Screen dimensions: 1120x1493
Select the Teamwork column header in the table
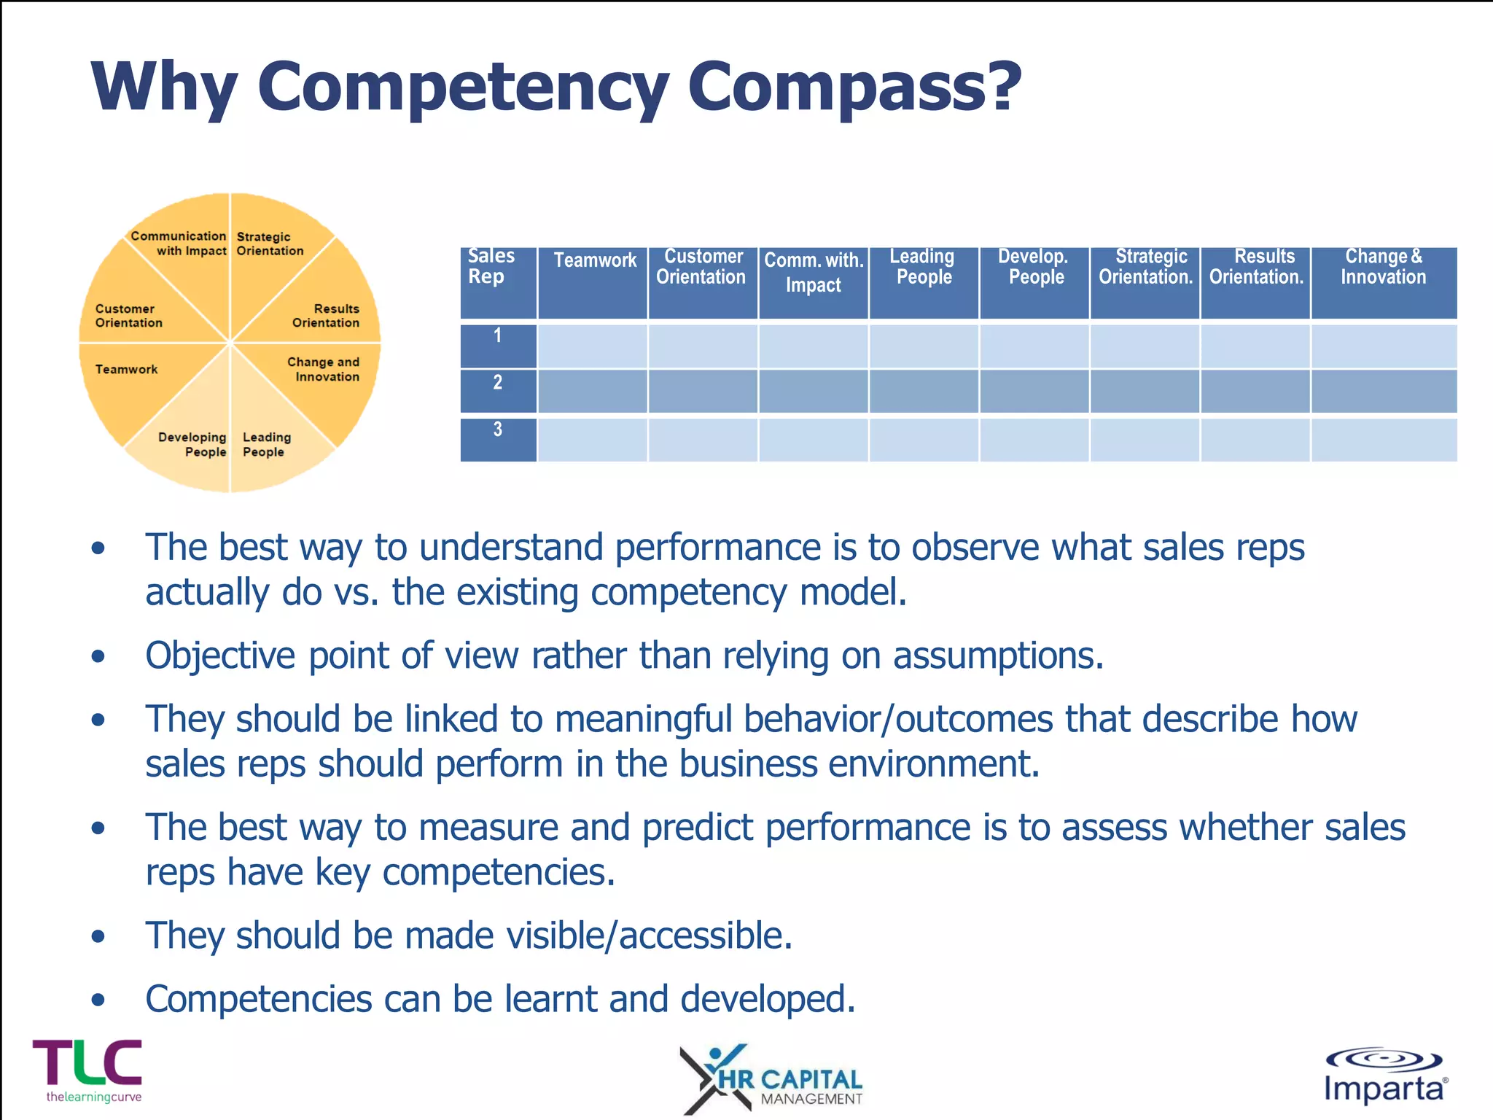(594, 260)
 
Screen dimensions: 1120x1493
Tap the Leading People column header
(923, 267)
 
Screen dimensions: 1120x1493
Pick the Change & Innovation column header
(1383, 267)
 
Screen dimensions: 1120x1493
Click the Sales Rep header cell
(491, 267)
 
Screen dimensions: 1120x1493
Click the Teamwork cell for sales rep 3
(592, 440)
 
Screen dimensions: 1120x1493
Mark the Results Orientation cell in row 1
(1255, 346)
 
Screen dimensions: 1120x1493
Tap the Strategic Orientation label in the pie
(269, 244)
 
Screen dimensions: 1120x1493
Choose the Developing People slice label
(192, 444)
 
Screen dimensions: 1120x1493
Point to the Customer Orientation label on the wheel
(128, 316)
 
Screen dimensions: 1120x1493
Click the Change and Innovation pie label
(324, 369)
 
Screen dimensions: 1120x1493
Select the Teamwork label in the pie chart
(126, 369)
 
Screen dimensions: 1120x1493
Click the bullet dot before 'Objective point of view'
(98, 656)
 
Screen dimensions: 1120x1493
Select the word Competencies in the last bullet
(259, 999)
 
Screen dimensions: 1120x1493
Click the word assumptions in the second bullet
(998, 656)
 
